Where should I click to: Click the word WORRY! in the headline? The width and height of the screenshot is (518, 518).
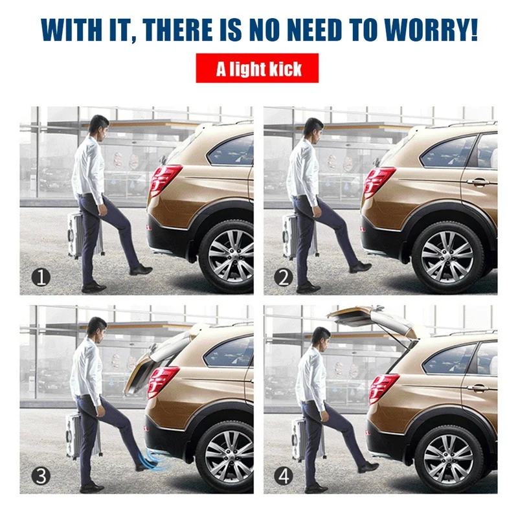(x=431, y=30)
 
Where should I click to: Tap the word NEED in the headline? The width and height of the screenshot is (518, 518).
(x=314, y=30)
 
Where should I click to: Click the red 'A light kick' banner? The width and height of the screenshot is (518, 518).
(x=257, y=68)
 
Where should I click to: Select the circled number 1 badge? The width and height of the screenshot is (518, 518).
(x=41, y=277)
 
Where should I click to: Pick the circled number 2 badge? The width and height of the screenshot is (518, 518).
(x=284, y=277)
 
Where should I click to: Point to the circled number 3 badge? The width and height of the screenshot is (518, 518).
(x=41, y=476)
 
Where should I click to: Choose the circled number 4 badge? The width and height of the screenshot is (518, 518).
(x=284, y=476)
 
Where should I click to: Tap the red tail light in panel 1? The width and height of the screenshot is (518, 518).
(x=164, y=180)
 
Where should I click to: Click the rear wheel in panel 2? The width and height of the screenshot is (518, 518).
(x=447, y=256)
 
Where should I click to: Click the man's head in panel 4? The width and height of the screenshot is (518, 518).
(x=320, y=337)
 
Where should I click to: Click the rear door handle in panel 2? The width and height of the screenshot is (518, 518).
(x=478, y=181)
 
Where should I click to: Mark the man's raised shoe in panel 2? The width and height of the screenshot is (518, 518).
(x=361, y=267)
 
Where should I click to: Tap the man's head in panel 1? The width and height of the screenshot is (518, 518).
(x=98, y=126)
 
